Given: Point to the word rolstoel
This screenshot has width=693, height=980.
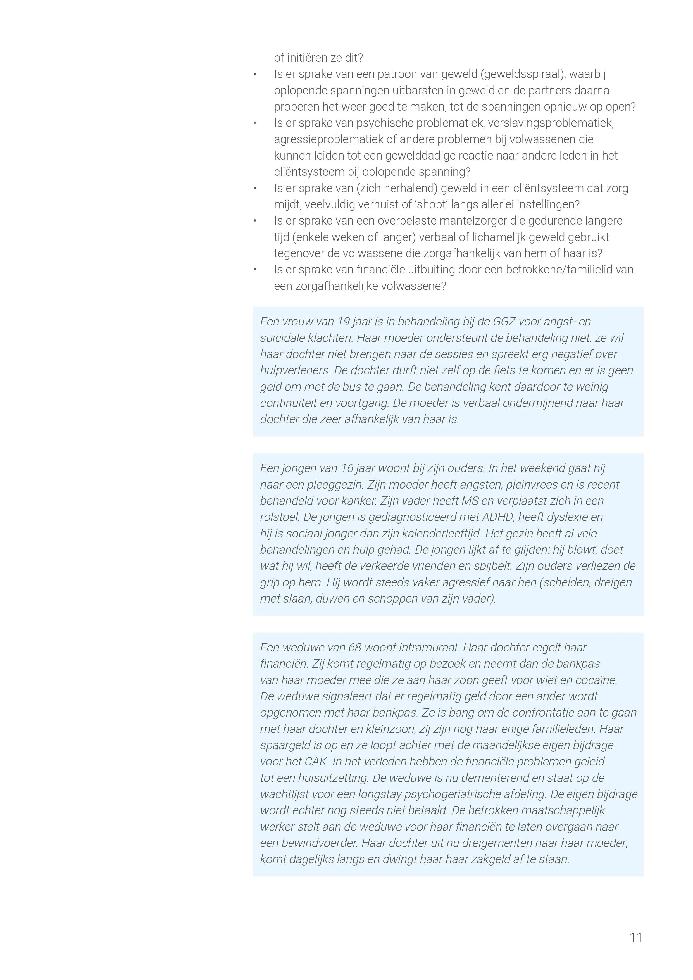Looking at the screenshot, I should click(x=279, y=517).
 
